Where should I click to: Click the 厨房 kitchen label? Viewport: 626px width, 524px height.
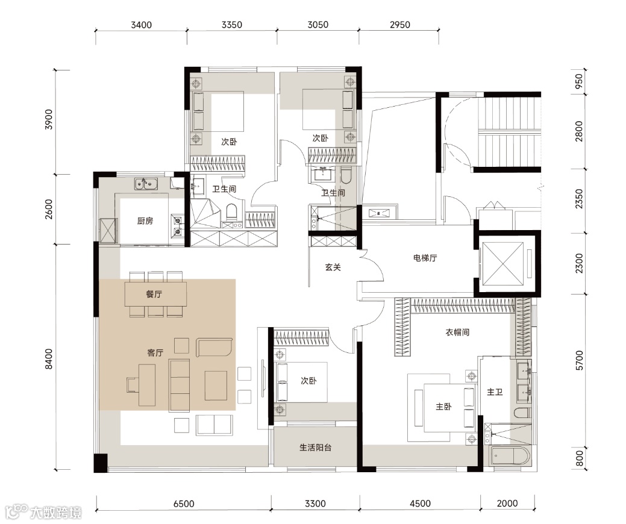click(x=145, y=220)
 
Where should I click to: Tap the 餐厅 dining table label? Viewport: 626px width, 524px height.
click(x=154, y=294)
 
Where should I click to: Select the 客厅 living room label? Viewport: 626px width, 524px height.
click(x=155, y=352)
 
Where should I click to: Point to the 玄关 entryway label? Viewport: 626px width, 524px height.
click(x=333, y=267)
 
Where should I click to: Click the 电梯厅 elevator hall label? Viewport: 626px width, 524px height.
click(x=425, y=258)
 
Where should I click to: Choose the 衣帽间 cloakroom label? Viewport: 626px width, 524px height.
click(x=457, y=332)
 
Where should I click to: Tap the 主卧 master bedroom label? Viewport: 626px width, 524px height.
click(x=443, y=407)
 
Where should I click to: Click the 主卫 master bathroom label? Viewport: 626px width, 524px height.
click(x=495, y=392)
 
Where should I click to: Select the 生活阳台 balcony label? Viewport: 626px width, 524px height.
click(x=315, y=448)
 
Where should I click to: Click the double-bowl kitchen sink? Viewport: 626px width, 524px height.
click(x=146, y=184)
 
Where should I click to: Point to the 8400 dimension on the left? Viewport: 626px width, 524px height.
click(x=49, y=359)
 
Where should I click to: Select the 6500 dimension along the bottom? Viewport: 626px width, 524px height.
click(x=184, y=504)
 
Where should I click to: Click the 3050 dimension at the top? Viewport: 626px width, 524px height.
click(x=318, y=25)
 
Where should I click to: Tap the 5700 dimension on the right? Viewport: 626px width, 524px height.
click(x=579, y=360)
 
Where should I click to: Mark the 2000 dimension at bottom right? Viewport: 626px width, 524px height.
click(x=507, y=504)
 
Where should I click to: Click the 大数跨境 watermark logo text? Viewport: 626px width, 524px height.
click(x=56, y=513)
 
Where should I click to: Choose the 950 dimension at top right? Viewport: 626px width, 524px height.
click(x=578, y=81)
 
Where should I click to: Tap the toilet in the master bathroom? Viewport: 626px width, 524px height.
click(x=522, y=413)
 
